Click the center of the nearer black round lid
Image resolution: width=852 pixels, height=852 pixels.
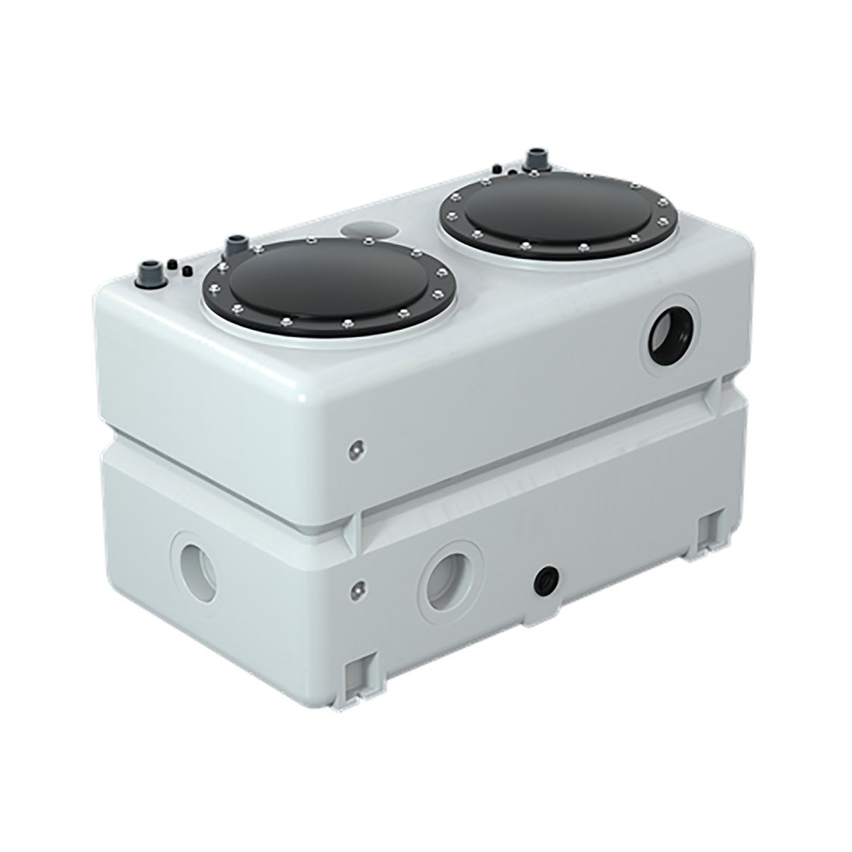(x=329, y=284)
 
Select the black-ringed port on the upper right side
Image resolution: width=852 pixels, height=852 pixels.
(x=672, y=330)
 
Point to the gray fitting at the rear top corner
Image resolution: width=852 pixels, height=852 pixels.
(x=530, y=159)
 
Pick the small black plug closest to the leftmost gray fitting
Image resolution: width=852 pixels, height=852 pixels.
(x=172, y=266)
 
